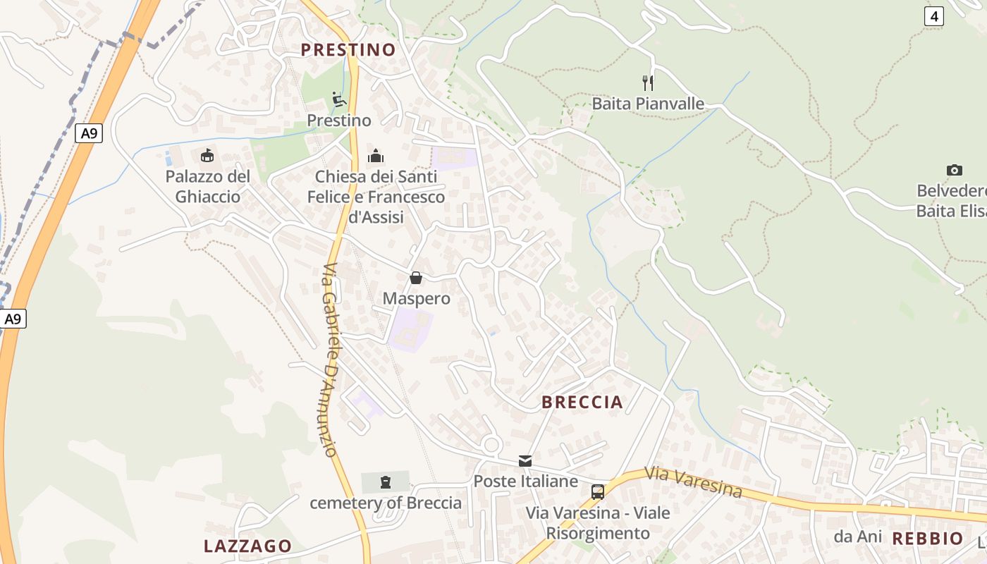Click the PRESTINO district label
click(x=348, y=49)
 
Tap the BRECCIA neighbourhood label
click(x=582, y=402)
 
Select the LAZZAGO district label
click(x=247, y=546)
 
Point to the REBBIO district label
click(x=928, y=539)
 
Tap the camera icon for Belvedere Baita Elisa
click(x=955, y=170)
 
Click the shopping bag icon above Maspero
click(x=416, y=278)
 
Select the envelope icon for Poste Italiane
click(x=525, y=461)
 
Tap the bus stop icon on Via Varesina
click(x=598, y=491)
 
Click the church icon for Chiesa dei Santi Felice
click(x=376, y=155)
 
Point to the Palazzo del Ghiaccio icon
click(x=207, y=155)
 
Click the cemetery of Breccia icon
click(x=385, y=482)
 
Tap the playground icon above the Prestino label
click(x=339, y=99)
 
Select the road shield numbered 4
click(x=933, y=16)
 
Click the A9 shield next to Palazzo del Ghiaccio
click(x=89, y=133)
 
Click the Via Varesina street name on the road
click(x=693, y=482)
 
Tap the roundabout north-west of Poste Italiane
click(x=492, y=444)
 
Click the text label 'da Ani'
click(x=857, y=537)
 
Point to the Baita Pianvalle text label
click(x=648, y=104)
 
